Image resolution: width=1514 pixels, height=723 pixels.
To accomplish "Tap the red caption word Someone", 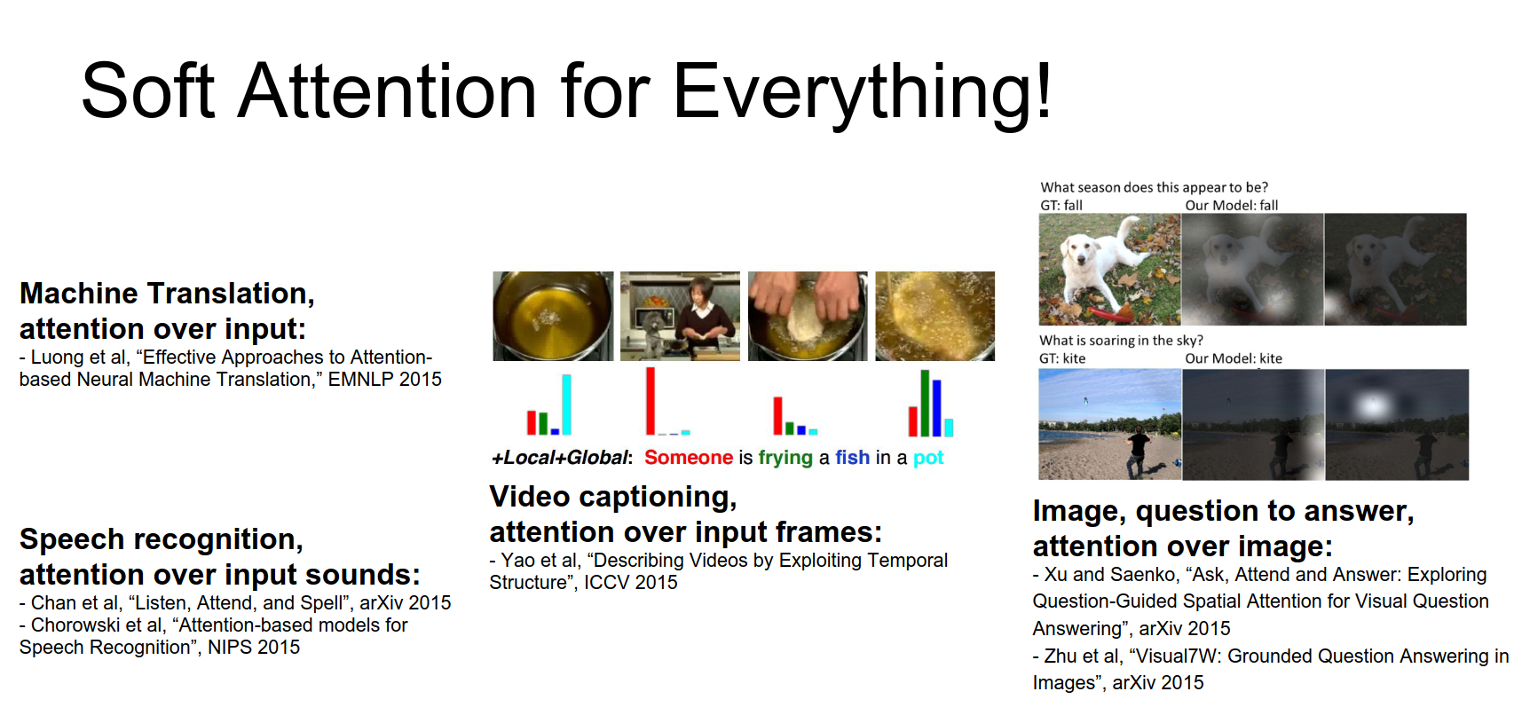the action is tap(689, 458).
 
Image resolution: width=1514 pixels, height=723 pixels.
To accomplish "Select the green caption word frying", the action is tap(785, 458).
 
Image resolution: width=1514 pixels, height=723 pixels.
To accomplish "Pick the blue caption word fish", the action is tap(852, 458).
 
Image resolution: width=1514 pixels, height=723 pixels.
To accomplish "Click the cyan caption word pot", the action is tap(928, 459).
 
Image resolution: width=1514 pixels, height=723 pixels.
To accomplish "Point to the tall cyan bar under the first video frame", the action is tap(566, 404).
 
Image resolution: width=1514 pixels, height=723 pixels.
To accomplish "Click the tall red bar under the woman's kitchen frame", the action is tap(651, 401).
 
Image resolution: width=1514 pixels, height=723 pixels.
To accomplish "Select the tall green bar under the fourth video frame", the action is tap(925, 403).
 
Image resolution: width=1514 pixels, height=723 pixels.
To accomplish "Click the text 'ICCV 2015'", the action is tap(631, 583).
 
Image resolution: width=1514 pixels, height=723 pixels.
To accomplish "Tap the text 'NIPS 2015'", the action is tap(254, 648).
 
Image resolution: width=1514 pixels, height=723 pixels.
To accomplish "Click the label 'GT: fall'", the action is tap(1061, 206).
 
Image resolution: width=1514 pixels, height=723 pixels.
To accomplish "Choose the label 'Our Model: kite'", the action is tap(1234, 358).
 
